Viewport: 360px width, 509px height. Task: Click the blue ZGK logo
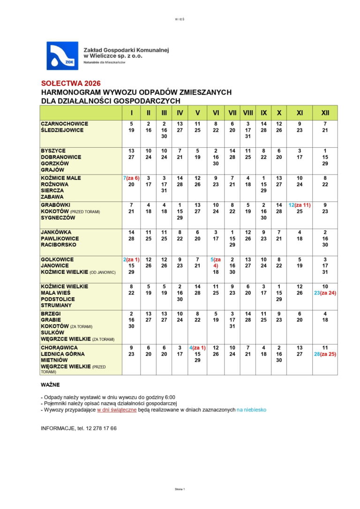[62, 55]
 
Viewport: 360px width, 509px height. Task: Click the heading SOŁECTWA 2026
[70, 83]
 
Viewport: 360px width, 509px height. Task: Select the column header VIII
[248, 113]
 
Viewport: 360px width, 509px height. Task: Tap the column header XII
[325, 113]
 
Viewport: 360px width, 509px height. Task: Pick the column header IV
[180, 113]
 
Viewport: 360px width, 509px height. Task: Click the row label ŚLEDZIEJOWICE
[62, 130]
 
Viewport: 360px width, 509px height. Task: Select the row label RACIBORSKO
[58, 245]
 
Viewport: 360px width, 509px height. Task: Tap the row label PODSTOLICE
[57, 299]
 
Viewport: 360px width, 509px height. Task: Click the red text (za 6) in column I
[133, 178]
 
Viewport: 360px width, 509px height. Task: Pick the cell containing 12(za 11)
[300, 205]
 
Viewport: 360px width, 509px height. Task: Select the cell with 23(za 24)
[325, 293]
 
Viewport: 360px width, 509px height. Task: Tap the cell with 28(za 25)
[325, 354]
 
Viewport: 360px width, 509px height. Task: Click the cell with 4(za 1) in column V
[197, 348]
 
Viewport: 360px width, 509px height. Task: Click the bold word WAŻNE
[50, 384]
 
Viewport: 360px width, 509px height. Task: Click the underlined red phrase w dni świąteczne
[117, 410]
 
